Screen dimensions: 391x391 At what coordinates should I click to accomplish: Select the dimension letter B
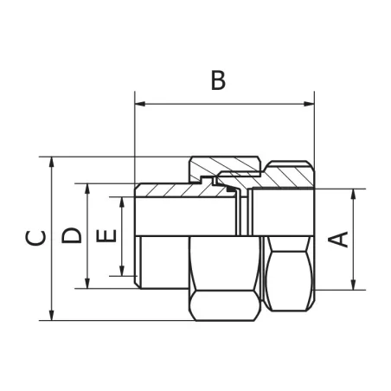click(218, 80)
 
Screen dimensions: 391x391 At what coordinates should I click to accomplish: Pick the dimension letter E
click(106, 236)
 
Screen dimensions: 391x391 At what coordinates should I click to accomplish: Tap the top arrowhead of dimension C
click(53, 161)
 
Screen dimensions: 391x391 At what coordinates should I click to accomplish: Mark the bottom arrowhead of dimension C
click(53, 316)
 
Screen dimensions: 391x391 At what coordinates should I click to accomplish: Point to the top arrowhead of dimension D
click(87, 188)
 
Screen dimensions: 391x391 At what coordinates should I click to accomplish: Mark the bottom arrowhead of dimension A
click(353, 285)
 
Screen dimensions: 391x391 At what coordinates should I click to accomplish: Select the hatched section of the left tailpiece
click(173, 189)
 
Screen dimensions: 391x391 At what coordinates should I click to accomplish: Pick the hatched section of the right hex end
click(285, 176)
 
